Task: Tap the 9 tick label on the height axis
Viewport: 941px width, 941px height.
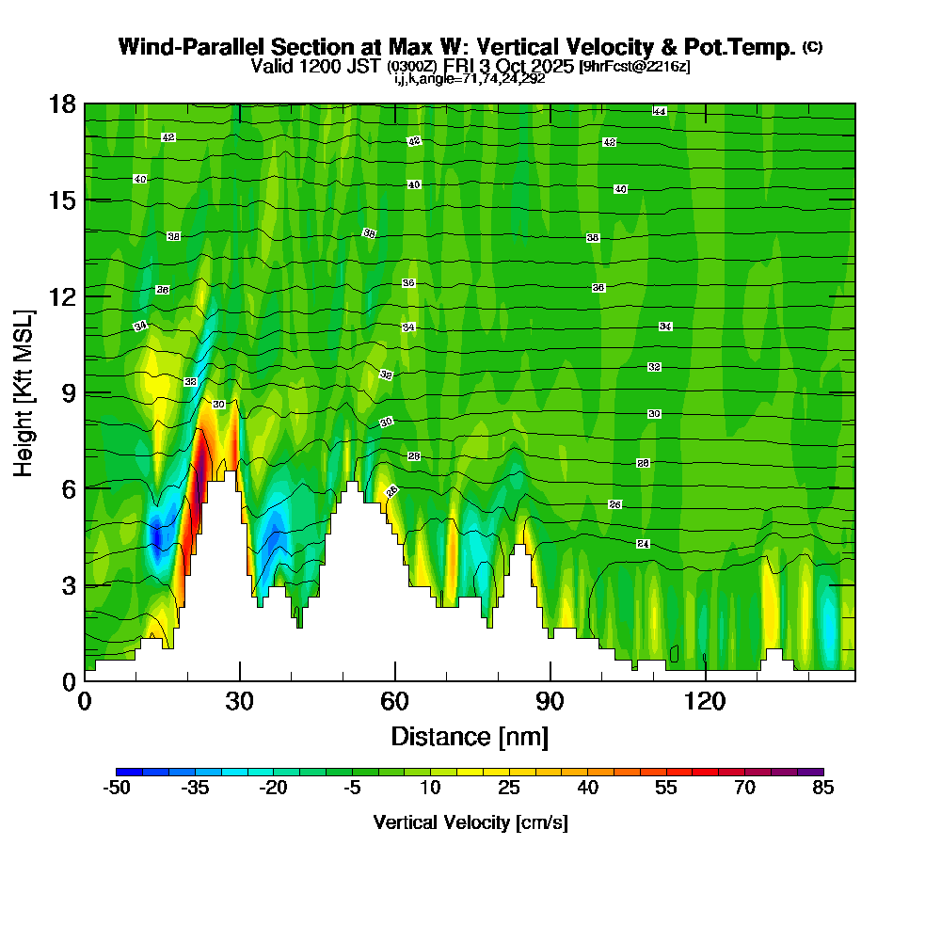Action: click(x=67, y=392)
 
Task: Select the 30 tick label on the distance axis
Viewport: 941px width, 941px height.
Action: click(x=240, y=702)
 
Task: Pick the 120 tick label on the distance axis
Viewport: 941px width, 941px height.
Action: click(x=704, y=702)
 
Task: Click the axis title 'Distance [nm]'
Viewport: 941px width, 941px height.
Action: click(x=470, y=736)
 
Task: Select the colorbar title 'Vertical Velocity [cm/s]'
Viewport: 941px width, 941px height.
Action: click(x=470, y=822)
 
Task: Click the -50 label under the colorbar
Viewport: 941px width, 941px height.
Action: click(x=116, y=789)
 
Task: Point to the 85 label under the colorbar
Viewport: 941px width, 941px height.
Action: click(x=823, y=789)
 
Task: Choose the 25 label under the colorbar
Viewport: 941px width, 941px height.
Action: click(x=509, y=789)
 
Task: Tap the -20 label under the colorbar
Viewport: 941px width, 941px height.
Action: click(x=273, y=789)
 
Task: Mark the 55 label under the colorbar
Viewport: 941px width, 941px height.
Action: click(x=666, y=789)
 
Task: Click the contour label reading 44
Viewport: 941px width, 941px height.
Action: click(x=660, y=112)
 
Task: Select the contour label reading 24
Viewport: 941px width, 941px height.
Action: click(x=643, y=544)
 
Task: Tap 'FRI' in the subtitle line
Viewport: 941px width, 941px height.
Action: click(x=454, y=67)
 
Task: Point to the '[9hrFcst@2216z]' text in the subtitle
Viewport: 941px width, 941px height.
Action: click(x=634, y=67)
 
